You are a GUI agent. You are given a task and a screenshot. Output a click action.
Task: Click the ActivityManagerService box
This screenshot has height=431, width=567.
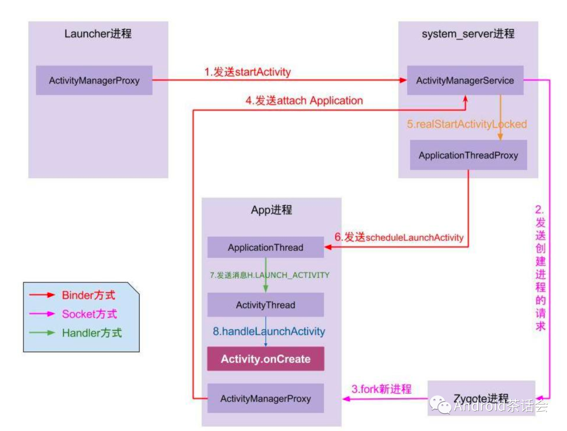465,80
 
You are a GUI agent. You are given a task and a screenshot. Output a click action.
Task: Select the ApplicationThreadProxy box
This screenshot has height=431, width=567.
468,155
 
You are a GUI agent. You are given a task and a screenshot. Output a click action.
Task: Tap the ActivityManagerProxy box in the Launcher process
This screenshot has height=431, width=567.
94,80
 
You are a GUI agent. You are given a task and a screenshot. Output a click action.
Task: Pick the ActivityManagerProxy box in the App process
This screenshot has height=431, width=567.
265,398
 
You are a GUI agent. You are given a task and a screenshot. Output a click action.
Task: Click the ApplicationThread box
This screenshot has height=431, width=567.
265,247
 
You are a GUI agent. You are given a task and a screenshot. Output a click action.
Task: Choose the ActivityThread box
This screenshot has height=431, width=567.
265,305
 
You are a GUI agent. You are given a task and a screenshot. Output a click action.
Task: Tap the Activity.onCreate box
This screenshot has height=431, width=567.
265,360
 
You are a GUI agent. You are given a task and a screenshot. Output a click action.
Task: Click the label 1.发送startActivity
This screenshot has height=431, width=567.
247,72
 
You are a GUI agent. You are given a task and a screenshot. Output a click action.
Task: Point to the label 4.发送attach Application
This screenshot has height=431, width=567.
304,100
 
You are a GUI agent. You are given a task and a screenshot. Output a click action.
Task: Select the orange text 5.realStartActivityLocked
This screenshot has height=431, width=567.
467,124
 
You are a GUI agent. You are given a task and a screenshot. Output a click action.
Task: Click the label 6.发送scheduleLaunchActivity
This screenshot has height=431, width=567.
399,237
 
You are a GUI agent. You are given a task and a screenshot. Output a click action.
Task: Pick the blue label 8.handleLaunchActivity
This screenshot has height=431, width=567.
269,332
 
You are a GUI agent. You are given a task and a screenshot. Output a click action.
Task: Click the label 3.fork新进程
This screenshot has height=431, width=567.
381,389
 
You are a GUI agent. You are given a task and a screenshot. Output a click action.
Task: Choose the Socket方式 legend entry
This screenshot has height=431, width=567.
89,314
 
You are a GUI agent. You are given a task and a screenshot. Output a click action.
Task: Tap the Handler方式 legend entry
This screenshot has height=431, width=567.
91,332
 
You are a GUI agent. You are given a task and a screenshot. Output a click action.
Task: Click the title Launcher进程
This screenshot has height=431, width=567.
98,34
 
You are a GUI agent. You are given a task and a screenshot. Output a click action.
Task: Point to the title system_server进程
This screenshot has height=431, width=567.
468,34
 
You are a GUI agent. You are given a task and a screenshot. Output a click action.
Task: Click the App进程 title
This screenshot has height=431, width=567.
271,210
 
